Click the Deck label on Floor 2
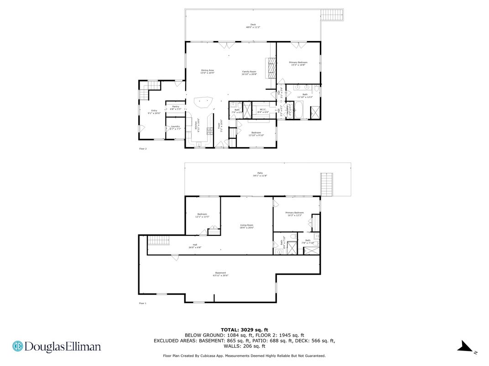(253, 26)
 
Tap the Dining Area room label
(208, 71)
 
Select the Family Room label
(249, 73)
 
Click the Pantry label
(176, 108)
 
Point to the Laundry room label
(175, 127)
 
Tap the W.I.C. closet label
(263, 110)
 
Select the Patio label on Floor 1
(260, 174)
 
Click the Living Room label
(247, 226)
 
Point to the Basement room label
(220, 274)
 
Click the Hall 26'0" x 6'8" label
(195, 246)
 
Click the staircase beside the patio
(327, 184)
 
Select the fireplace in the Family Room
(271, 67)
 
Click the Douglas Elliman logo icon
(18, 347)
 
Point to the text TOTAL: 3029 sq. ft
(244, 329)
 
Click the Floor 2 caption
(143, 148)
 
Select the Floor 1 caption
(143, 303)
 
